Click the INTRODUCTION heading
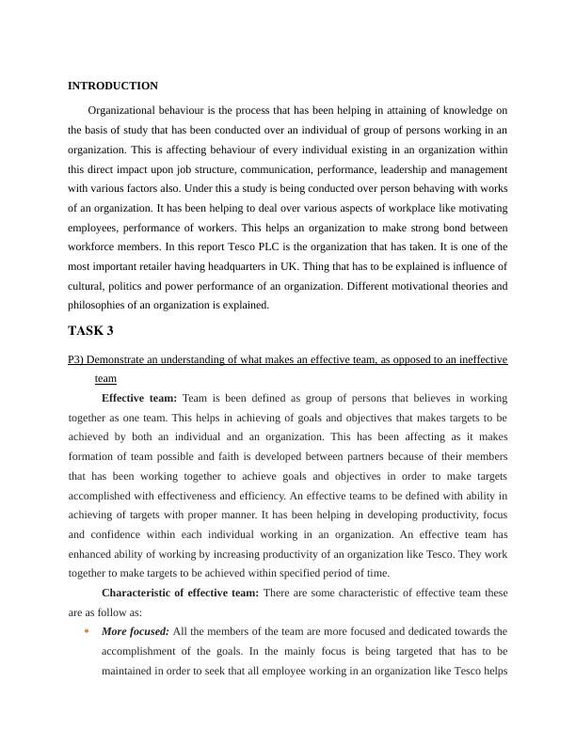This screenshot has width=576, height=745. coord(113,86)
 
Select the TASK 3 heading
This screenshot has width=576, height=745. coord(91,330)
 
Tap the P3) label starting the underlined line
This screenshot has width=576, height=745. coord(76,359)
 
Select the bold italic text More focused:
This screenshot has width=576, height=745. coord(136,631)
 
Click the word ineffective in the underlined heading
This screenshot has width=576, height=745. coord(480,359)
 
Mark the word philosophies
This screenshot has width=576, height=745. coord(100,305)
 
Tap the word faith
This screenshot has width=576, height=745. coord(273,456)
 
